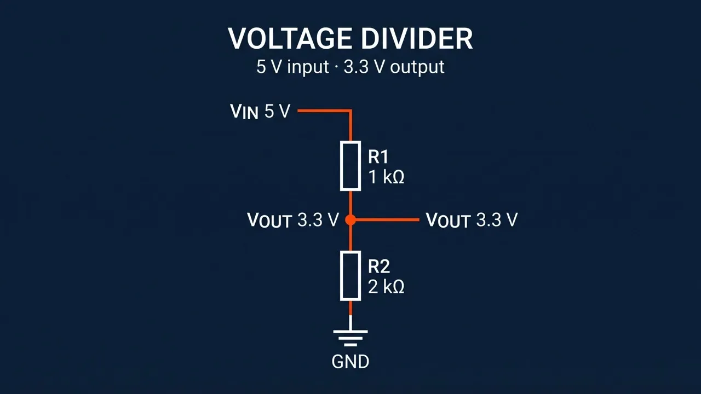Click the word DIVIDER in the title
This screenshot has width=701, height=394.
point(417,38)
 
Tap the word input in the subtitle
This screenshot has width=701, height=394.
point(308,67)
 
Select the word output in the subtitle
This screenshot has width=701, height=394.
point(417,67)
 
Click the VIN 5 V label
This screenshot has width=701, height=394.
point(260,111)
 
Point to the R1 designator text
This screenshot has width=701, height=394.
point(378,157)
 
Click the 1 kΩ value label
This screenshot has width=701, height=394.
point(386,177)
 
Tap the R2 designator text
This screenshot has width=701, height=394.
point(378,266)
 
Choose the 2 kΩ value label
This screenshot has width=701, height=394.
point(386,287)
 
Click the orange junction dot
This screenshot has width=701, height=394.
point(350,220)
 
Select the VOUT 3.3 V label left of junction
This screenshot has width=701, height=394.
point(293,220)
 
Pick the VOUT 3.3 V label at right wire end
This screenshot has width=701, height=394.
point(472,220)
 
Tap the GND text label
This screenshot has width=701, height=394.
point(350,362)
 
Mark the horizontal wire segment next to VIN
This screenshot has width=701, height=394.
point(324,111)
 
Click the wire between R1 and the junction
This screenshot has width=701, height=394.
point(350,202)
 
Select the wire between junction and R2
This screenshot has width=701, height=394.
point(350,238)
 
